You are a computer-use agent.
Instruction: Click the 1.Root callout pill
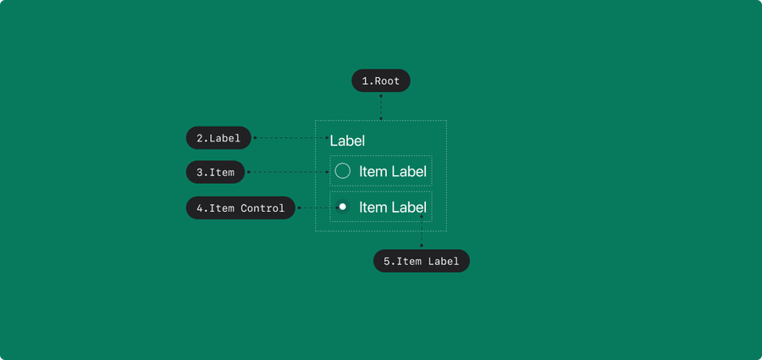click(381, 80)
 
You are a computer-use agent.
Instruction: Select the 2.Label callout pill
click(218, 138)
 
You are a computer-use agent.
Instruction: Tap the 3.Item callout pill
click(215, 172)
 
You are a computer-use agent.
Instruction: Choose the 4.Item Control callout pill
click(240, 208)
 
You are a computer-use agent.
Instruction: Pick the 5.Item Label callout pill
click(422, 261)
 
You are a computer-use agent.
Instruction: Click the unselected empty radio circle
click(343, 171)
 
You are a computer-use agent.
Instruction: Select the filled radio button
click(343, 207)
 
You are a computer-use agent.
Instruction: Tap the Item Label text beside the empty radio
click(393, 171)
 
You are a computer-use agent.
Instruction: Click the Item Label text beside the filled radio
click(393, 208)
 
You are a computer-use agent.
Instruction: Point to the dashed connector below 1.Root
click(381, 108)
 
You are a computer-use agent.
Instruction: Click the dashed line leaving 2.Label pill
click(291, 138)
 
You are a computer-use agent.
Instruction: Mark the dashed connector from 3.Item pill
click(288, 172)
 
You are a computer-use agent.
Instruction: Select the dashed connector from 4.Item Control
click(317, 208)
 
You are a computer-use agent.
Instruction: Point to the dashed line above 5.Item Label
click(422, 231)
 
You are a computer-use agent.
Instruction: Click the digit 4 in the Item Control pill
click(199, 208)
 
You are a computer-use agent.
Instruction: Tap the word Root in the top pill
click(387, 80)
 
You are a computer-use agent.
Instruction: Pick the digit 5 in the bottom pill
click(387, 261)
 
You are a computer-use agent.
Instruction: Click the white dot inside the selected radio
click(343, 207)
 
